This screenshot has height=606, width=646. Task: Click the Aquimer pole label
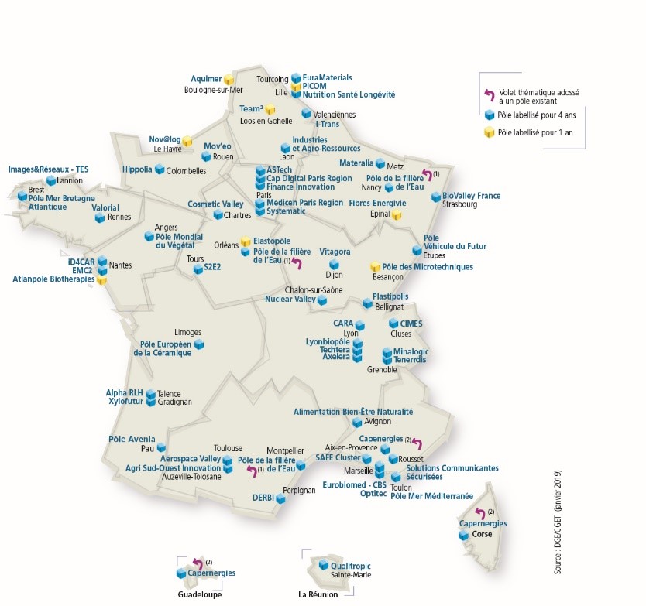pos(205,79)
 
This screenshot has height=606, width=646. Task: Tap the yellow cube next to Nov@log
pos(187,141)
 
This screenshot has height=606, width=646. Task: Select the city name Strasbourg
pos(460,206)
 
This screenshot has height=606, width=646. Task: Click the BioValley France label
pos(472,196)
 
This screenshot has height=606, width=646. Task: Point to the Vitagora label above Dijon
pos(335,252)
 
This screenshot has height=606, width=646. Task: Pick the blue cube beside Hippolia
pos(160,169)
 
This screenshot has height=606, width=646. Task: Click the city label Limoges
pos(188,332)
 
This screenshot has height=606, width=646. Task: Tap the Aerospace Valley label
pos(191,459)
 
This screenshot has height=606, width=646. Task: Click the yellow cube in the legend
pos(490,133)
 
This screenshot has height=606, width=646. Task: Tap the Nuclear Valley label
pos(290,299)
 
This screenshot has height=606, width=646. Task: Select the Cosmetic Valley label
pos(215,204)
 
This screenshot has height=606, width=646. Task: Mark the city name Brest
pos(36,189)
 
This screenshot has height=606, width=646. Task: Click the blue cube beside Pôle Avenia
pos(161,448)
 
